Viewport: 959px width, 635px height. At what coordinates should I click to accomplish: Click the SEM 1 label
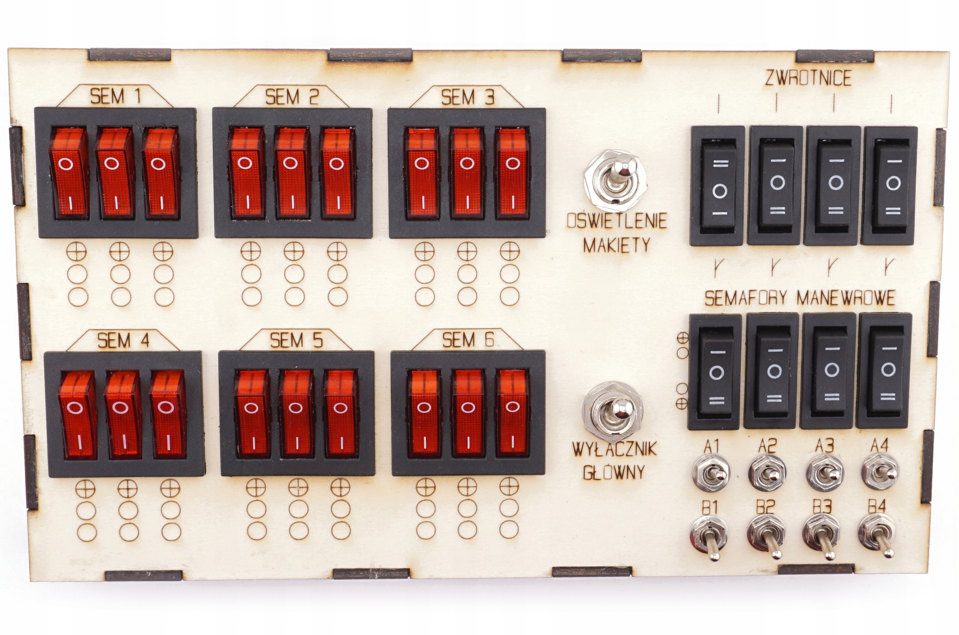[115, 97]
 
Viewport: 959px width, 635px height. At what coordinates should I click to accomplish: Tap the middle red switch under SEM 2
[291, 173]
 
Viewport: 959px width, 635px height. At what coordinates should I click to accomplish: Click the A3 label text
[825, 446]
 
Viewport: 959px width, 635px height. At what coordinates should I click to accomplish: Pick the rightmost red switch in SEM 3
[513, 173]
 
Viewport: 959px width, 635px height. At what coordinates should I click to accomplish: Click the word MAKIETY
[617, 245]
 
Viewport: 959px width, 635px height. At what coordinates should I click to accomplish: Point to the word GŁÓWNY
[614, 472]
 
